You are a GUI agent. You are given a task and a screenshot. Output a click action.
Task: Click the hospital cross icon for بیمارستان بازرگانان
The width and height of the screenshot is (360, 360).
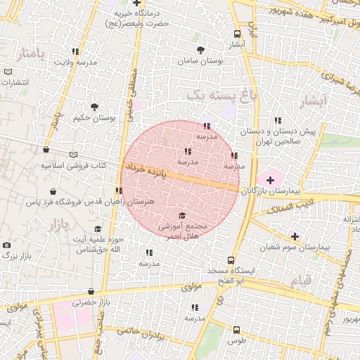[270, 181]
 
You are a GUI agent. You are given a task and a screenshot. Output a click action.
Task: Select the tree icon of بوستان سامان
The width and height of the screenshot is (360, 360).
[201, 50]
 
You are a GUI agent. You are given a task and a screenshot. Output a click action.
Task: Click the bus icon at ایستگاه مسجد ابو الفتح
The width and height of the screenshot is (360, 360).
[231, 259]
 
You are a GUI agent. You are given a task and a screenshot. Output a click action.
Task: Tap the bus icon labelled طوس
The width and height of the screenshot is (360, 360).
[236, 329]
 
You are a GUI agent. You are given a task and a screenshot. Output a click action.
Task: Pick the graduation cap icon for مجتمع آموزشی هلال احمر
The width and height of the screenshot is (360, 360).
[182, 216]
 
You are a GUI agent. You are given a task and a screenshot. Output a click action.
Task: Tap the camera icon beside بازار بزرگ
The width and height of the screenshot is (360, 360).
[7, 245]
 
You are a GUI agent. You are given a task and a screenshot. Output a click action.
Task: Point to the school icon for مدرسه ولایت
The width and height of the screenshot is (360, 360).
[75, 51]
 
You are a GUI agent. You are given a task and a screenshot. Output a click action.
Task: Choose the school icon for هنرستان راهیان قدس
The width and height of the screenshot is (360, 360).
[118, 190]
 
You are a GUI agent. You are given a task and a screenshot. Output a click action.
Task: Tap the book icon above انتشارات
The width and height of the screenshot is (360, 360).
[8, 72]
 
